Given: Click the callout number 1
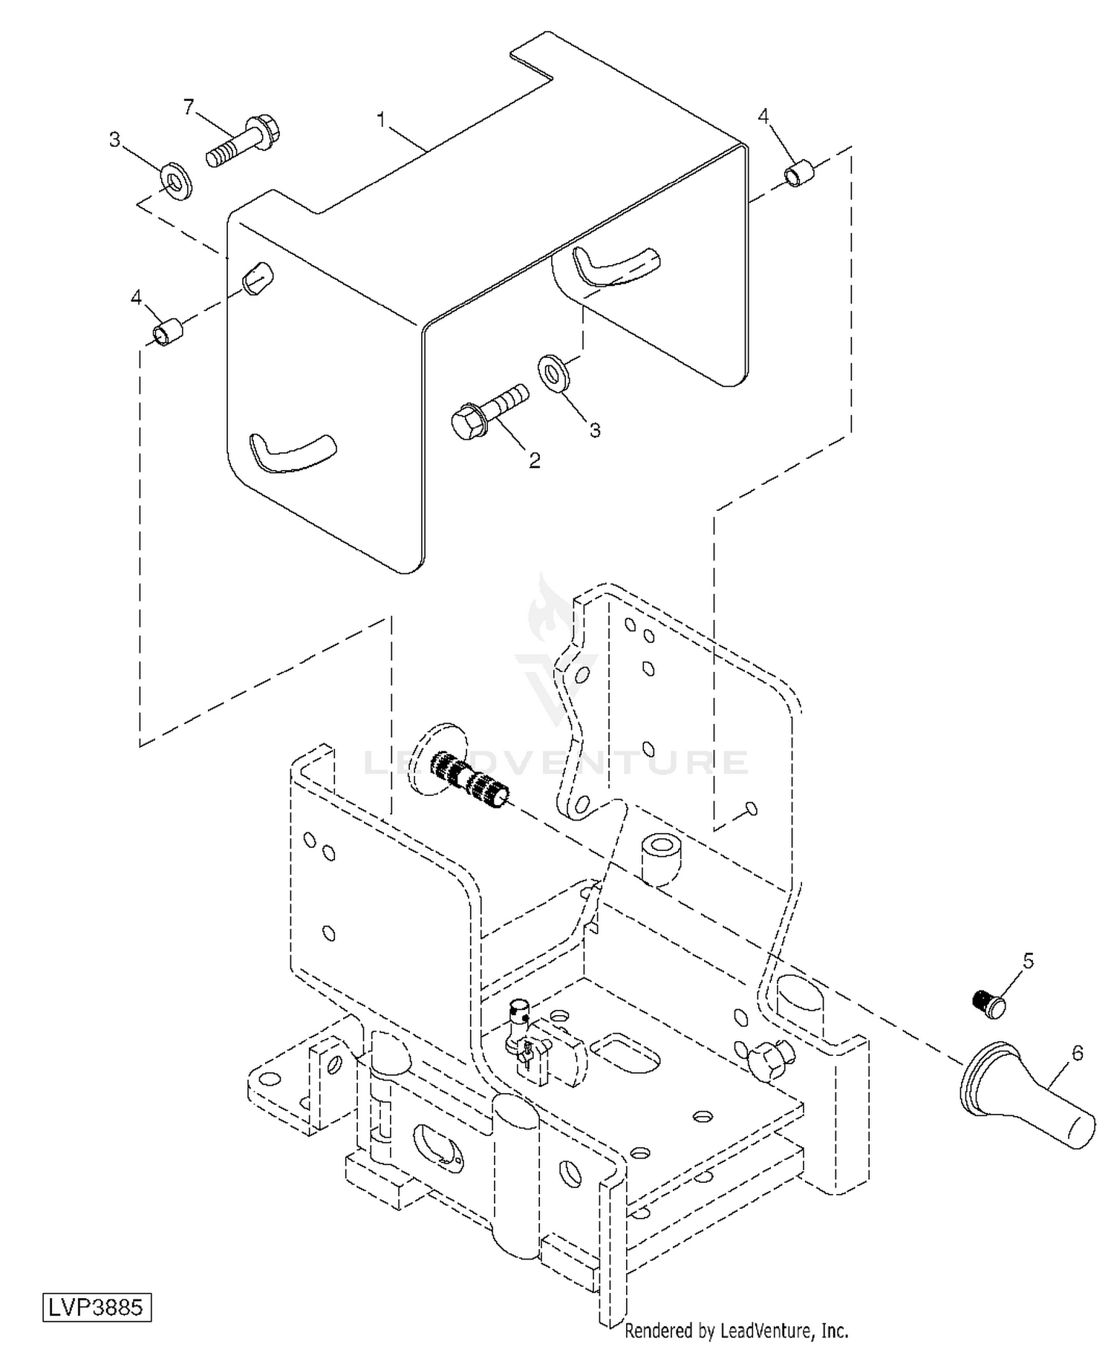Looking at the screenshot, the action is [x=382, y=120].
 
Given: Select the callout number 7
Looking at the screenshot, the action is [x=189, y=108].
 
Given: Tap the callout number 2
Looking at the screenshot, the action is [x=534, y=460].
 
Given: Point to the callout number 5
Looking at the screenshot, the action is [x=1028, y=961].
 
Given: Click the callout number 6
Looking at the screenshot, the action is [x=1078, y=1053].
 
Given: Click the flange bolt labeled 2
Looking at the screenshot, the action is [x=490, y=411].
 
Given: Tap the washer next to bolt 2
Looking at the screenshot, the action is [x=552, y=371].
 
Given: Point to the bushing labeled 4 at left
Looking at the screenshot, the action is [x=168, y=331].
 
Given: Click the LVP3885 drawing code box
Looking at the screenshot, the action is [x=97, y=1306].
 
